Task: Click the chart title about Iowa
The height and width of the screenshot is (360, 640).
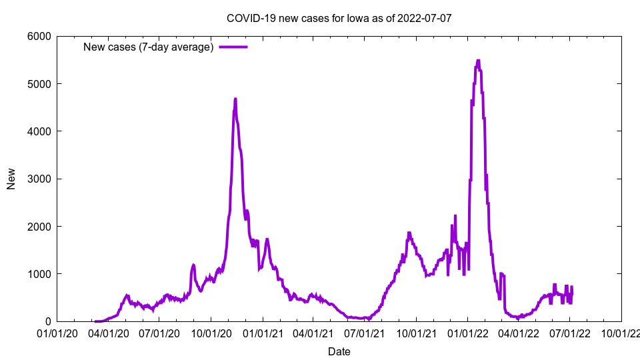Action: pos(339,18)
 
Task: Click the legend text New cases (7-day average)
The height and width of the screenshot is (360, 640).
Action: pos(148,47)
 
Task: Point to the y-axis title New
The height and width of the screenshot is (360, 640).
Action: pos(11,179)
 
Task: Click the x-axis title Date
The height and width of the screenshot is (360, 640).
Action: pos(339,351)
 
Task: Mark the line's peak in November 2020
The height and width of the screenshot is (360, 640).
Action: pos(235,99)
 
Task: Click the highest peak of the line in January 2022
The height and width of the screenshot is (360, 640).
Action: pos(478,61)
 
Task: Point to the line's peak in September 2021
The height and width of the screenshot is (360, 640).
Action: pos(409,233)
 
